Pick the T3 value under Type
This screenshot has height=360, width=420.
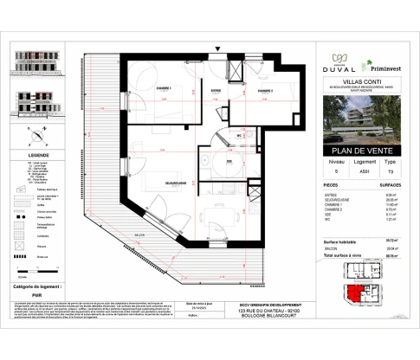(x=391, y=158)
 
